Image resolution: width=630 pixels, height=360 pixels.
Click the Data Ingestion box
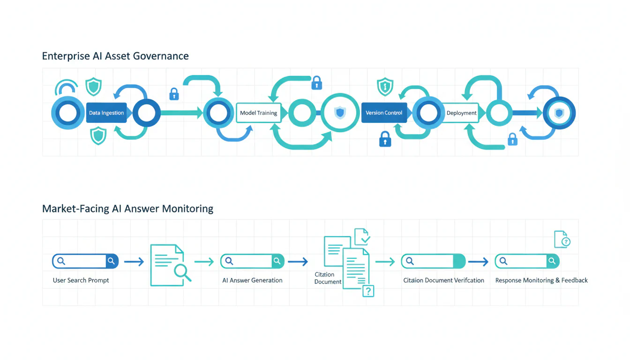pyautogui.click(x=106, y=113)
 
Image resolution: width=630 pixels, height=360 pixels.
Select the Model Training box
pyautogui.click(x=258, y=113)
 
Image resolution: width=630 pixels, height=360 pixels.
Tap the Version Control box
pyautogui.click(x=384, y=113)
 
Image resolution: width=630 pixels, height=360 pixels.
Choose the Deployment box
pyautogui.click(x=462, y=113)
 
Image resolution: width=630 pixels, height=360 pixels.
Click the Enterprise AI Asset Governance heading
pyautogui.click(x=115, y=56)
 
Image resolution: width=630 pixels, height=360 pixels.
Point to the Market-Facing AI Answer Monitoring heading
pyautogui.click(x=127, y=209)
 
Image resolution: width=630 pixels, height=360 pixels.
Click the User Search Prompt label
pyautogui.click(x=81, y=280)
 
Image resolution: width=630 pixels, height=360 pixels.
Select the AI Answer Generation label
pyautogui.click(x=252, y=280)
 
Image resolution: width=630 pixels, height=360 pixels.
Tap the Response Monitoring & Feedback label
pyautogui.click(x=541, y=280)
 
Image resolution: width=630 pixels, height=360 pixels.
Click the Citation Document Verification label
pyautogui.click(x=443, y=280)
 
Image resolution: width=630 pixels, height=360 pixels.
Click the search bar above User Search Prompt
pyautogui.click(x=85, y=261)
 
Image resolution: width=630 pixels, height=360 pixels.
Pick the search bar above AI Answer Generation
pyautogui.click(x=252, y=261)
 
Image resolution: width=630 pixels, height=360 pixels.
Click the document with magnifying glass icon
pyautogui.click(x=170, y=265)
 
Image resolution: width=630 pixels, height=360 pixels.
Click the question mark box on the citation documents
pyautogui.click(x=368, y=291)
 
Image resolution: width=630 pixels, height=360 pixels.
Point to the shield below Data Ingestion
pyautogui.click(x=98, y=135)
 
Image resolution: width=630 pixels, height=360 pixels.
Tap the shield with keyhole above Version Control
pyautogui.click(x=385, y=87)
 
